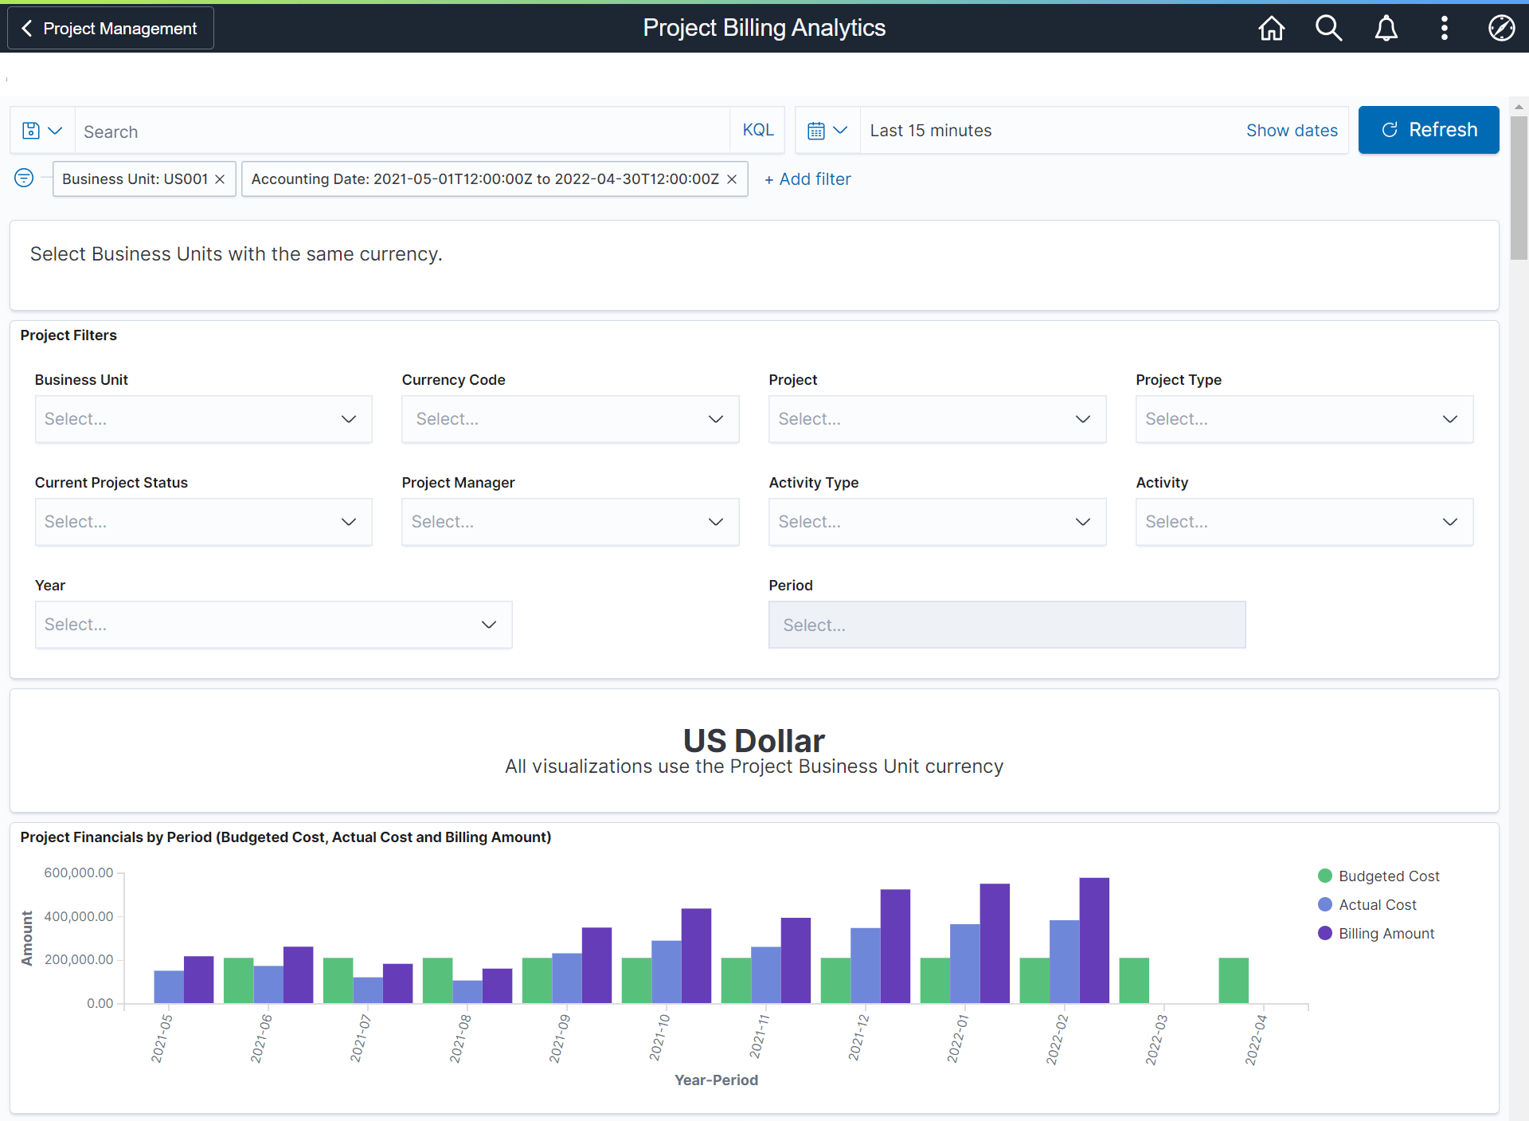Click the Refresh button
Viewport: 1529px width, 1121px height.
[x=1428, y=130]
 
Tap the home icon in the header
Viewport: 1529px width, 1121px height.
[x=1271, y=28]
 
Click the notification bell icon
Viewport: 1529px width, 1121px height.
[x=1386, y=28]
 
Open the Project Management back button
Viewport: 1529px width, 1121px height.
[x=111, y=29]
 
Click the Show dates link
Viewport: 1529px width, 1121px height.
[x=1291, y=131]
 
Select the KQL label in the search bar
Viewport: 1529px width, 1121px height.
[x=757, y=130]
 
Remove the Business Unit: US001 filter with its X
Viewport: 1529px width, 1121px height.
[x=220, y=179]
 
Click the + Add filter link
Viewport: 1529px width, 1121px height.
[x=808, y=179]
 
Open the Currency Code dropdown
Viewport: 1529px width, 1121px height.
[x=569, y=419]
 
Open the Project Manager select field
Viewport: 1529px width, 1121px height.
[x=569, y=522]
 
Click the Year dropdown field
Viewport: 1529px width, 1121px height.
[x=273, y=625]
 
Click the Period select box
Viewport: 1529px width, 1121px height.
[x=1006, y=625]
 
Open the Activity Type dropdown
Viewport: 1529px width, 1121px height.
[x=937, y=522]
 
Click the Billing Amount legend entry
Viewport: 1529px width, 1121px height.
[x=1385, y=933]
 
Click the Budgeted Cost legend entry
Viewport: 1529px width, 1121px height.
[x=1388, y=876]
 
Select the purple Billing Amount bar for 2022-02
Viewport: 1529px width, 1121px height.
[x=1093, y=940]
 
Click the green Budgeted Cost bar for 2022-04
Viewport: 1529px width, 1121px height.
[x=1233, y=980]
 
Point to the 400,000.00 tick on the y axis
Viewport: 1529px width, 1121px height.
[x=79, y=916]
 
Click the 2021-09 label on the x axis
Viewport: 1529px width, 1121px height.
[x=560, y=1038]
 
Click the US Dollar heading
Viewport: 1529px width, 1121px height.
[x=753, y=740]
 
